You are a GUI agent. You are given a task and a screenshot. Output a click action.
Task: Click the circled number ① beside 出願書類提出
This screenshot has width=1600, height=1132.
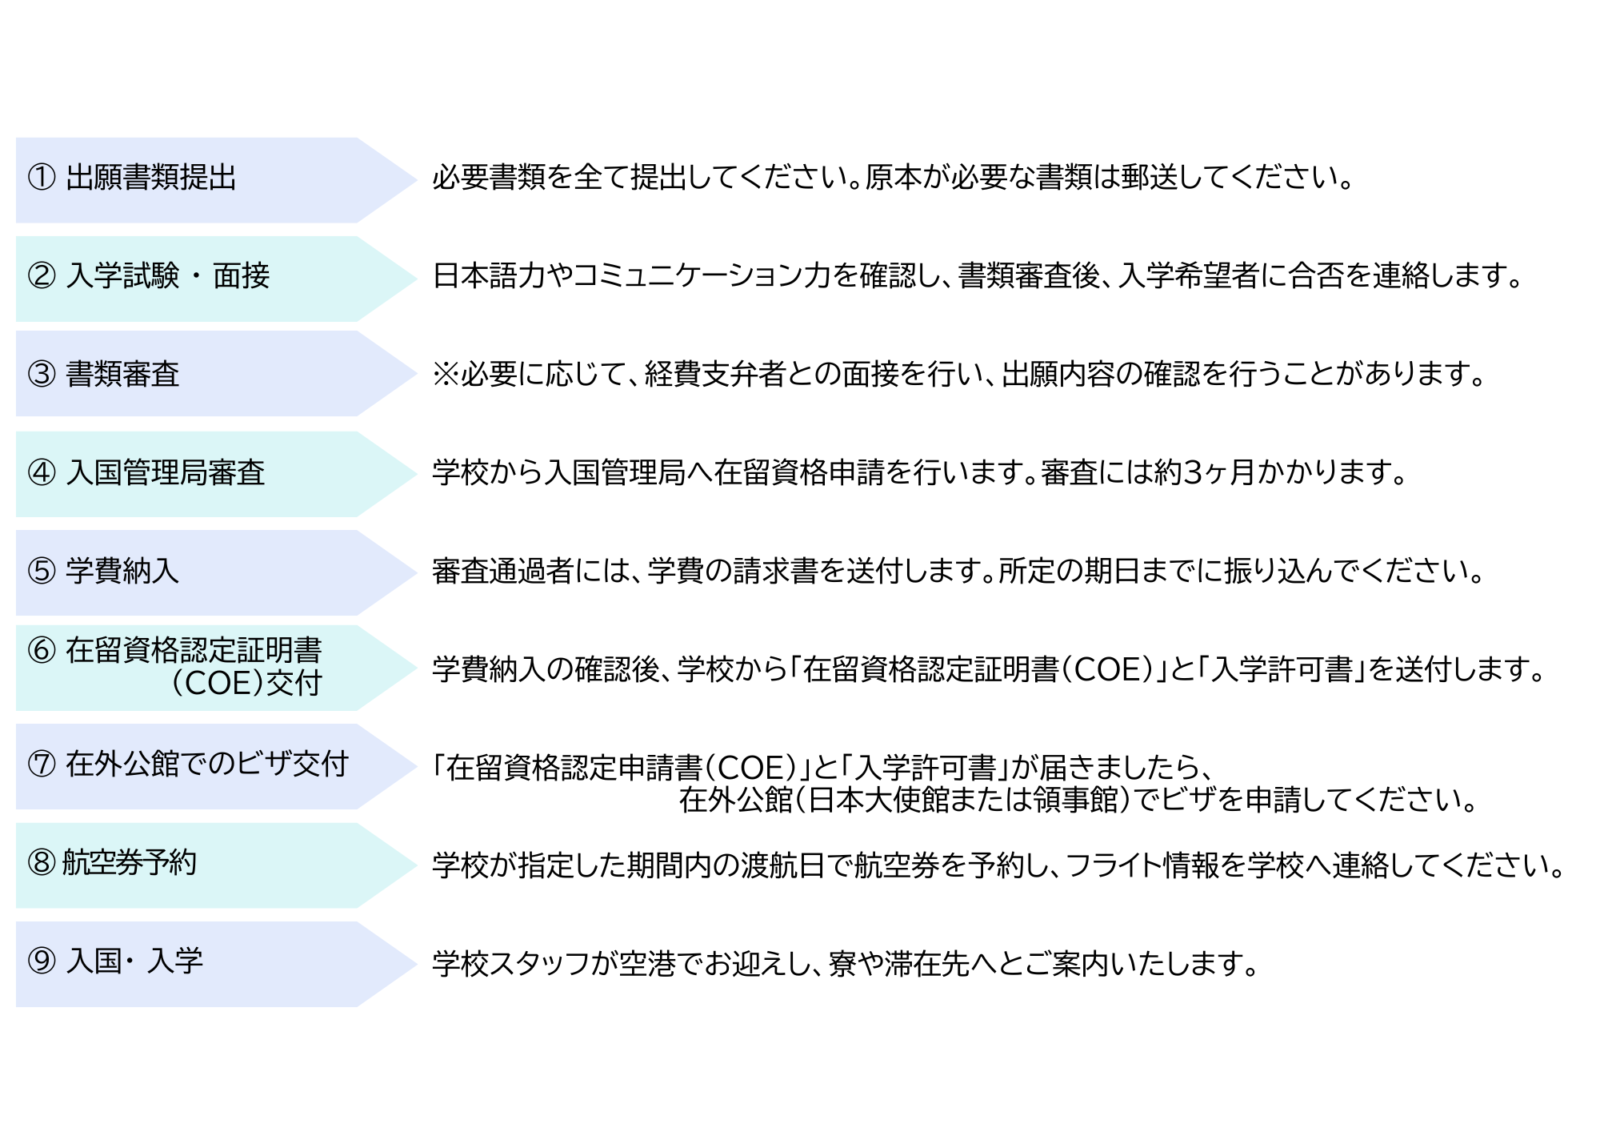click(42, 178)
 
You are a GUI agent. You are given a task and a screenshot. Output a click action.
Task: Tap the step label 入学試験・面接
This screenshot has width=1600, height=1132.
click(167, 276)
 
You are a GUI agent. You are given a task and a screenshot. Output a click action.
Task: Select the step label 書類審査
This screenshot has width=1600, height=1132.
click(122, 375)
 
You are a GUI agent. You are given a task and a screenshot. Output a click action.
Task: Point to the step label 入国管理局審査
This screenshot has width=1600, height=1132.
click(165, 473)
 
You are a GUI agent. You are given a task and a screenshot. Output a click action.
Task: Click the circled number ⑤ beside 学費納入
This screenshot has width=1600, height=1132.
click(42, 572)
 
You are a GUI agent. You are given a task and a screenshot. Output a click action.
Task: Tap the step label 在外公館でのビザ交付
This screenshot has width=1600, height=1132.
click(207, 765)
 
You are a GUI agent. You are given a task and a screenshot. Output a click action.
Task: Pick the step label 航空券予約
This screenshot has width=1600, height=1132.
click(129, 863)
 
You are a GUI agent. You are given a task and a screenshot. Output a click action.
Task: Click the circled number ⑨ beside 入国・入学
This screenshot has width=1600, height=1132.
click(42, 961)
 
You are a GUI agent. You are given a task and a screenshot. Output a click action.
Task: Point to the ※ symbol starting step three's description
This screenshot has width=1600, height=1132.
click(445, 375)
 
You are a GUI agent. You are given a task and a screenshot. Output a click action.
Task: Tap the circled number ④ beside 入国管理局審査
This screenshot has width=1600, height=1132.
click(42, 473)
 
